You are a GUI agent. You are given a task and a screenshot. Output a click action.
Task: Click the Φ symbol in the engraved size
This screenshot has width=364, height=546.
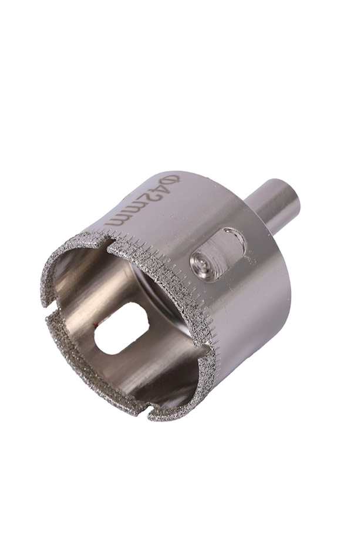(x=171, y=181)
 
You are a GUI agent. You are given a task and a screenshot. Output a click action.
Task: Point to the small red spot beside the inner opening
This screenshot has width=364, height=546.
(x=95, y=326)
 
